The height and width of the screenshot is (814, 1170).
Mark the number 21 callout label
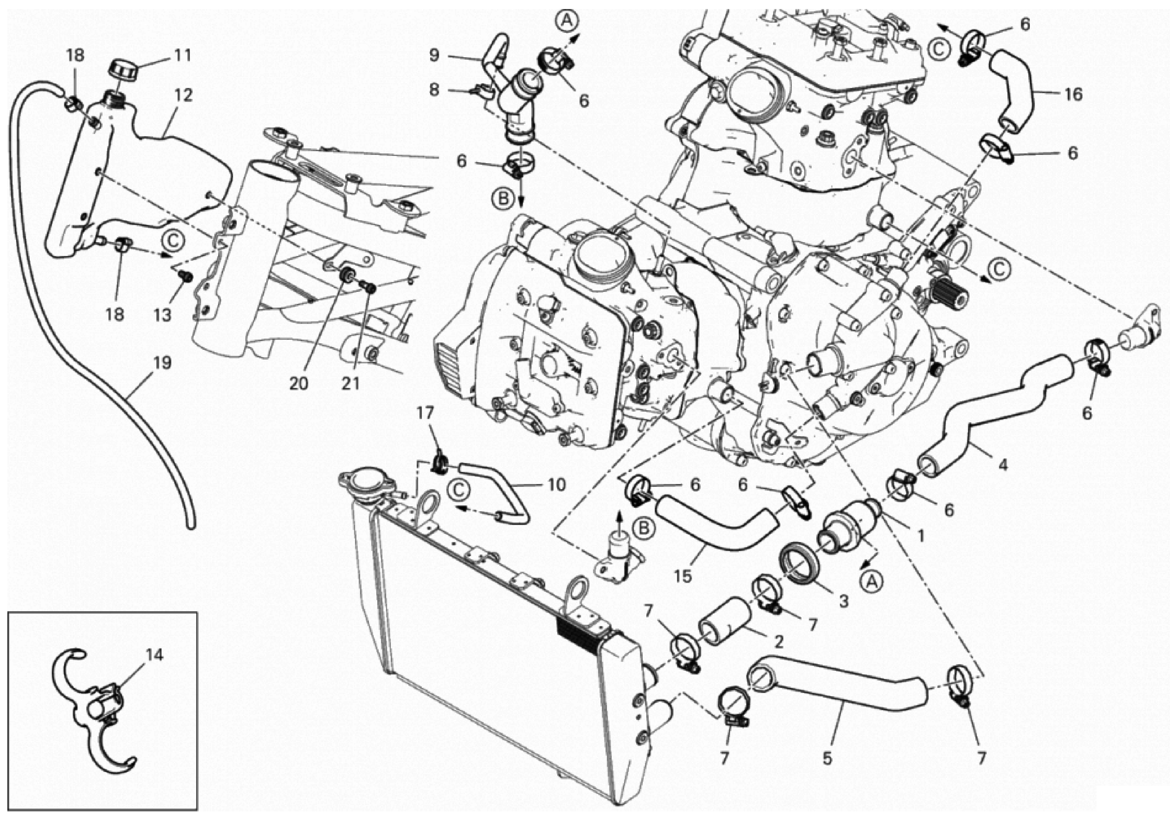(x=351, y=383)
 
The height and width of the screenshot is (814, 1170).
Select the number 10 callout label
(x=556, y=485)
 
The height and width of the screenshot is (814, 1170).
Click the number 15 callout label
(x=683, y=577)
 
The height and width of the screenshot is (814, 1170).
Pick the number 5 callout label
(x=827, y=758)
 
